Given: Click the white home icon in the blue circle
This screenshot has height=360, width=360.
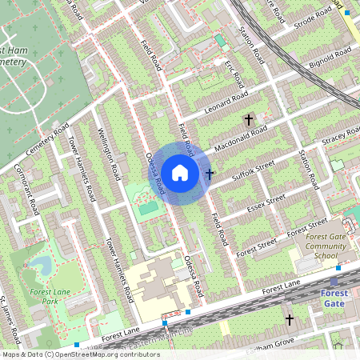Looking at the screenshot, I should [180, 172].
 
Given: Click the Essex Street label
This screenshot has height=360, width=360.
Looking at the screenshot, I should [266, 203].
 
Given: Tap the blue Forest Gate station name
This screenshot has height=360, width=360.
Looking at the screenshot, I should [334, 298].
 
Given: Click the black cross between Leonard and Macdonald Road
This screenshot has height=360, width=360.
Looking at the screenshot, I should [248, 119].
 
